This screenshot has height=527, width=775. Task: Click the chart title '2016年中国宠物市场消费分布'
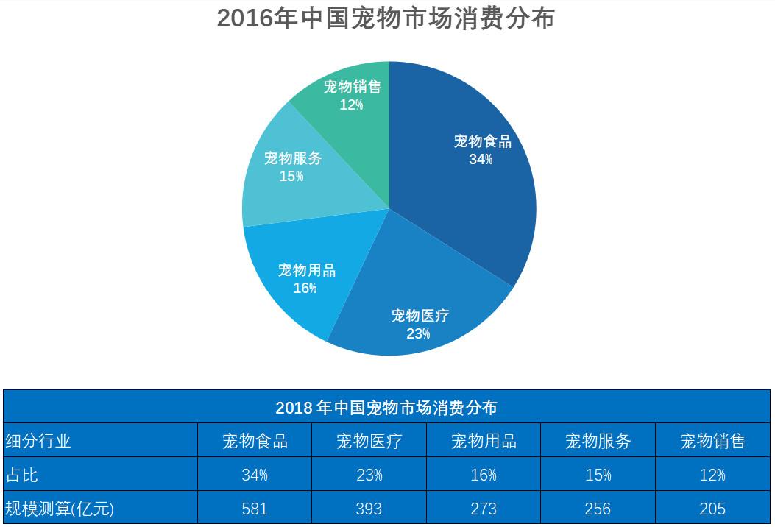[x=385, y=18]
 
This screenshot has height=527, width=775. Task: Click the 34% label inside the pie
[x=481, y=159]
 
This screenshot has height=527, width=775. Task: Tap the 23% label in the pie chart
[x=418, y=334]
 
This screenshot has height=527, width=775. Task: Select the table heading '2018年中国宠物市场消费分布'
[x=386, y=407]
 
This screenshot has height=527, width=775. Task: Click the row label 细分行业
[x=38, y=441]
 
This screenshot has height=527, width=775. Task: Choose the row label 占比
[x=21, y=475]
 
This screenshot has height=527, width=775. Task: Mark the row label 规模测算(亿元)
[x=60, y=509]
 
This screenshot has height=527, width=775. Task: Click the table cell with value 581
[x=255, y=509]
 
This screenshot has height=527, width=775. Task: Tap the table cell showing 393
[x=369, y=509]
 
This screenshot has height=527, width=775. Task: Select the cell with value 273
[x=484, y=509]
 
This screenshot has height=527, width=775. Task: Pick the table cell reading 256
[x=598, y=509]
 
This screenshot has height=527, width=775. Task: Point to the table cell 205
[x=712, y=509]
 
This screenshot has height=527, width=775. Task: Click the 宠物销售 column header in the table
[x=712, y=441]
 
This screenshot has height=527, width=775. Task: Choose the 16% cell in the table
[x=484, y=475]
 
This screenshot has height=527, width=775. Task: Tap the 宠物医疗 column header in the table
[x=369, y=441]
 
